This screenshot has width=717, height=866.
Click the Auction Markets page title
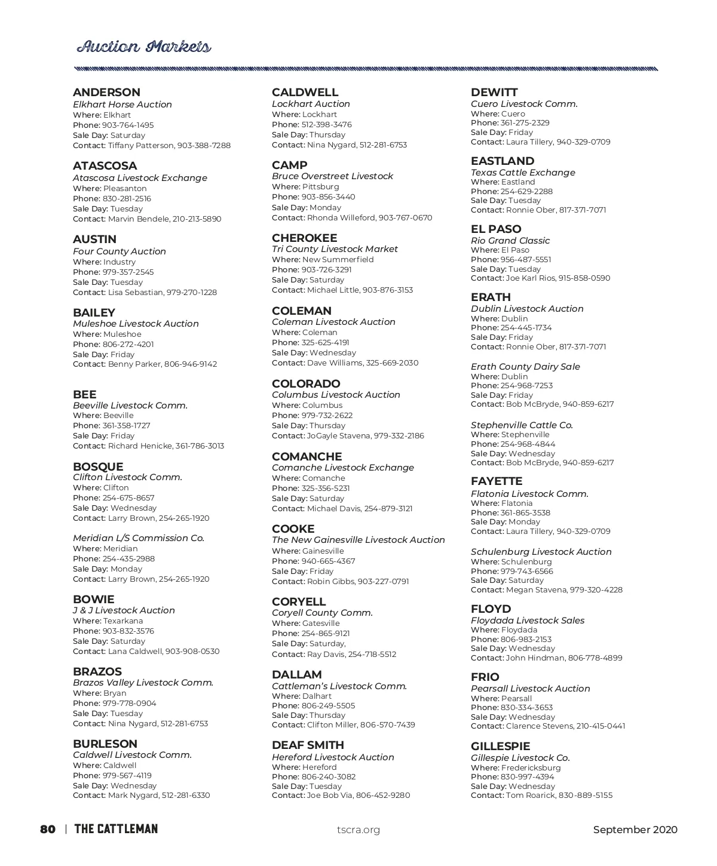[143, 47]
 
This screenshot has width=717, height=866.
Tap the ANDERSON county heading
[106, 92]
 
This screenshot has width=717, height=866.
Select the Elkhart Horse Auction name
[122, 105]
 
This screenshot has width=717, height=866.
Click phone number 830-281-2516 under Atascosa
[127, 198]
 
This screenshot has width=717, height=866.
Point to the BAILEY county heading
[94, 312]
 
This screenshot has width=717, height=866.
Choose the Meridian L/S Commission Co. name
[139, 538]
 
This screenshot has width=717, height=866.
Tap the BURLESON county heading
[105, 744]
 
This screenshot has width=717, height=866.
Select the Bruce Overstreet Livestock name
[332, 176]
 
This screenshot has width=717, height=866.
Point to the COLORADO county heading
[306, 383]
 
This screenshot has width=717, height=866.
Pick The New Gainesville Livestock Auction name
[358, 540]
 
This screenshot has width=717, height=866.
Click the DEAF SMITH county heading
[308, 745]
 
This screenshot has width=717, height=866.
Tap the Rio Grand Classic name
[510, 241]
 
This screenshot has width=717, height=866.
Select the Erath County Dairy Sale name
[525, 367]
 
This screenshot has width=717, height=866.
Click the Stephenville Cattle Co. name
[522, 425]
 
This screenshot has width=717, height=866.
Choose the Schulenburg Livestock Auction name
[541, 552]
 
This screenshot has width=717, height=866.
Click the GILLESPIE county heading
[500, 746]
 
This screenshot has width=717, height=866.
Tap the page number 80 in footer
[48, 829]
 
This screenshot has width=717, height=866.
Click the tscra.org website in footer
[358, 830]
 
